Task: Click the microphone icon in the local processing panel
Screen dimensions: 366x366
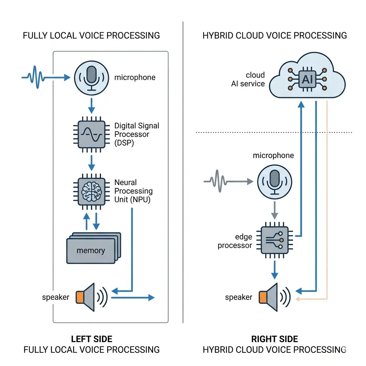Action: [91, 77]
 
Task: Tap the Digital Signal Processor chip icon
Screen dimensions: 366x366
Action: [91, 134]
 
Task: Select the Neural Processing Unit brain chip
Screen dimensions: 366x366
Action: [91, 191]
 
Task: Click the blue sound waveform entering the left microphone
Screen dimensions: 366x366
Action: [34, 76]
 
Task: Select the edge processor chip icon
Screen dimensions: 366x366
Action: [274, 240]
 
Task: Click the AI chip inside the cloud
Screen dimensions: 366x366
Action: [307, 79]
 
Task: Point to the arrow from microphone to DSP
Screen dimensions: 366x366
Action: [91, 105]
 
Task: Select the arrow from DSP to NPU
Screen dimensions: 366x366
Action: [91, 163]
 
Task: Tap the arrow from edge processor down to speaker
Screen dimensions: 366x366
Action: [274, 269]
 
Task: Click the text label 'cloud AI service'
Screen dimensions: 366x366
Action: [250, 79]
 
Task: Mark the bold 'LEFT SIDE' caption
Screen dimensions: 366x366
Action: [91, 339]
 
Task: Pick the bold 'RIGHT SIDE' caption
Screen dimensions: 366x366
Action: [274, 339]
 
